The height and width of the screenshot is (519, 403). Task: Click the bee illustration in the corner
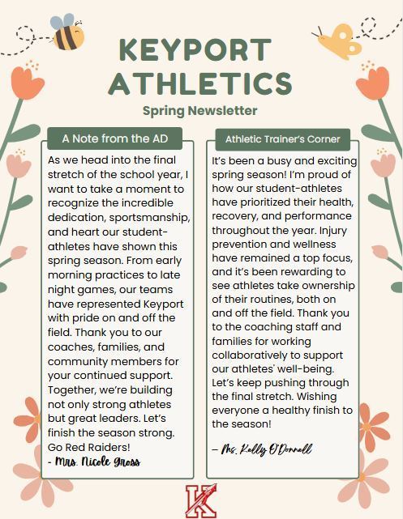coord(66,32)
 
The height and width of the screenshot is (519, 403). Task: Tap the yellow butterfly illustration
coord(339,41)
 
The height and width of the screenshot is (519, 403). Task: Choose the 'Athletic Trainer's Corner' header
coord(282,138)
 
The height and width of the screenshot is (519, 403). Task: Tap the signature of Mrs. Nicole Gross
coord(95,462)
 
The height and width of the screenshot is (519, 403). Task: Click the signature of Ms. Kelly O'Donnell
coord(261,449)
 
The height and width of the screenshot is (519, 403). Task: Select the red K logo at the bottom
coord(200,500)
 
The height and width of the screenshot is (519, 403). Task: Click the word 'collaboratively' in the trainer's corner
coord(255,355)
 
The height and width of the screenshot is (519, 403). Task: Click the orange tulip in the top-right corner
coord(374,80)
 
